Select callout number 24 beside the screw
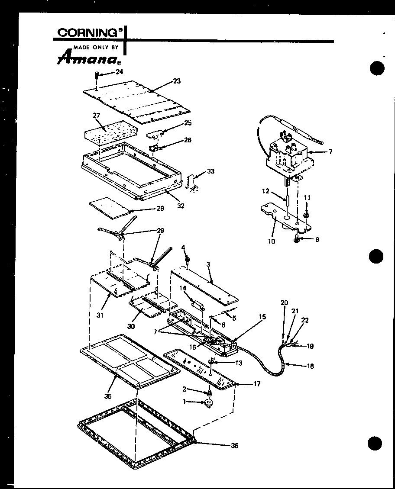[x=119, y=72]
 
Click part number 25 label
[x=188, y=123]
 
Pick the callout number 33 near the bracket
[x=210, y=171]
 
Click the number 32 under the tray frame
[x=181, y=206]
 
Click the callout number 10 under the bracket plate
[x=272, y=241]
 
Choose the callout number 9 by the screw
[x=317, y=239]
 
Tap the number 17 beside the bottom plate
[x=257, y=384]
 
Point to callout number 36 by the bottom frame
[x=234, y=446]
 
